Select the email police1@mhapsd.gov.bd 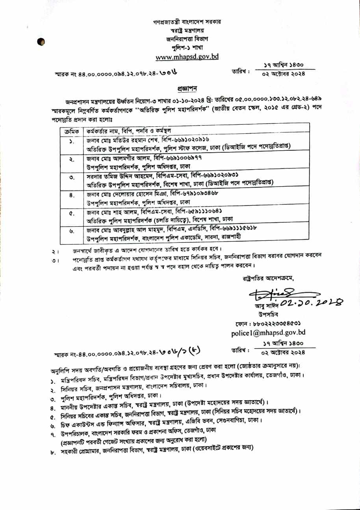click(264, 333)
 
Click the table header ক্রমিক click(72, 131)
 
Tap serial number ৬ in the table click(72, 232)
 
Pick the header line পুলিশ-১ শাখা click(187, 48)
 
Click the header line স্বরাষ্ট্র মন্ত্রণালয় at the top click(187, 30)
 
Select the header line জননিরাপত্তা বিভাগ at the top click(187, 39)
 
